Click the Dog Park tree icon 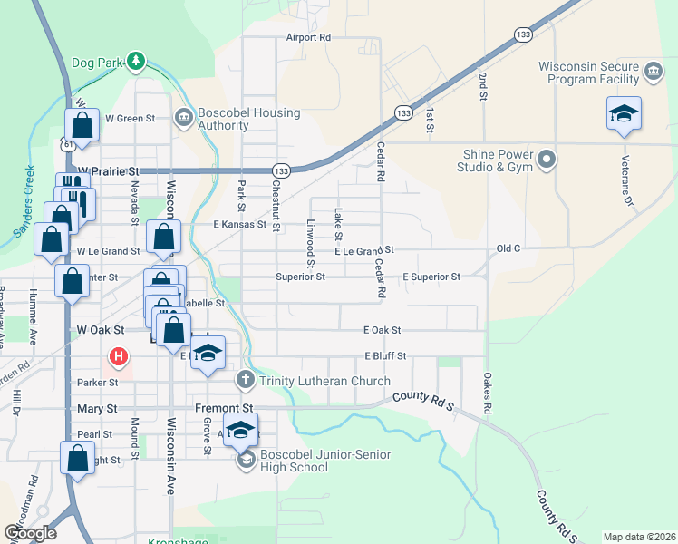coord(136,61)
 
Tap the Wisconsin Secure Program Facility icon coord(653,72)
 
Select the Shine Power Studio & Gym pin coord(546,160)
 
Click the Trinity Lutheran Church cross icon coord(244,380)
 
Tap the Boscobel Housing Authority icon coord(184,117)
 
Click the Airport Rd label coord(308,38)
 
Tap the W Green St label coord(131,118)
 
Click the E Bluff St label coord(386,356)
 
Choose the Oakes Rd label coord(487,393)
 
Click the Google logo coord(30,533)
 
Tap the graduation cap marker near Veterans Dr coord(624,115)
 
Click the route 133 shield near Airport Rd coord(522,34)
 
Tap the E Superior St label coord(431,277)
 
